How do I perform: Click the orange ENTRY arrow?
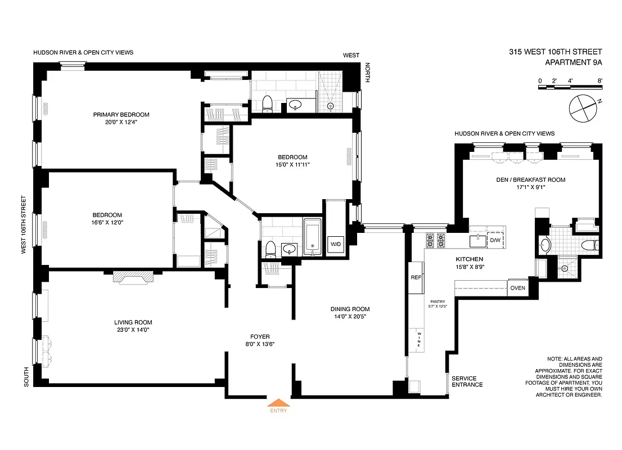[x=279, y=402]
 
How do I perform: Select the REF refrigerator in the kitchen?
[x=416, y=277]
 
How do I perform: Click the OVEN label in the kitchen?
[x=517, y=287]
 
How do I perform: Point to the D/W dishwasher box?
[x=495, y=241]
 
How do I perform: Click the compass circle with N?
[x=583, y=108]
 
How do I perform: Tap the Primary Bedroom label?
[x=121, y=115]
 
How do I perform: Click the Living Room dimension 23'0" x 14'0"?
[x=133, y=330]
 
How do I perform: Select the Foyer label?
[x=260, y=336]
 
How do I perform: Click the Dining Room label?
[x=350, y=309]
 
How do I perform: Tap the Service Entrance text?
[x=467, y=381]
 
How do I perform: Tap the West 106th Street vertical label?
[x=24, y=225]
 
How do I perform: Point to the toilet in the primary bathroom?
[x=268, y=103]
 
